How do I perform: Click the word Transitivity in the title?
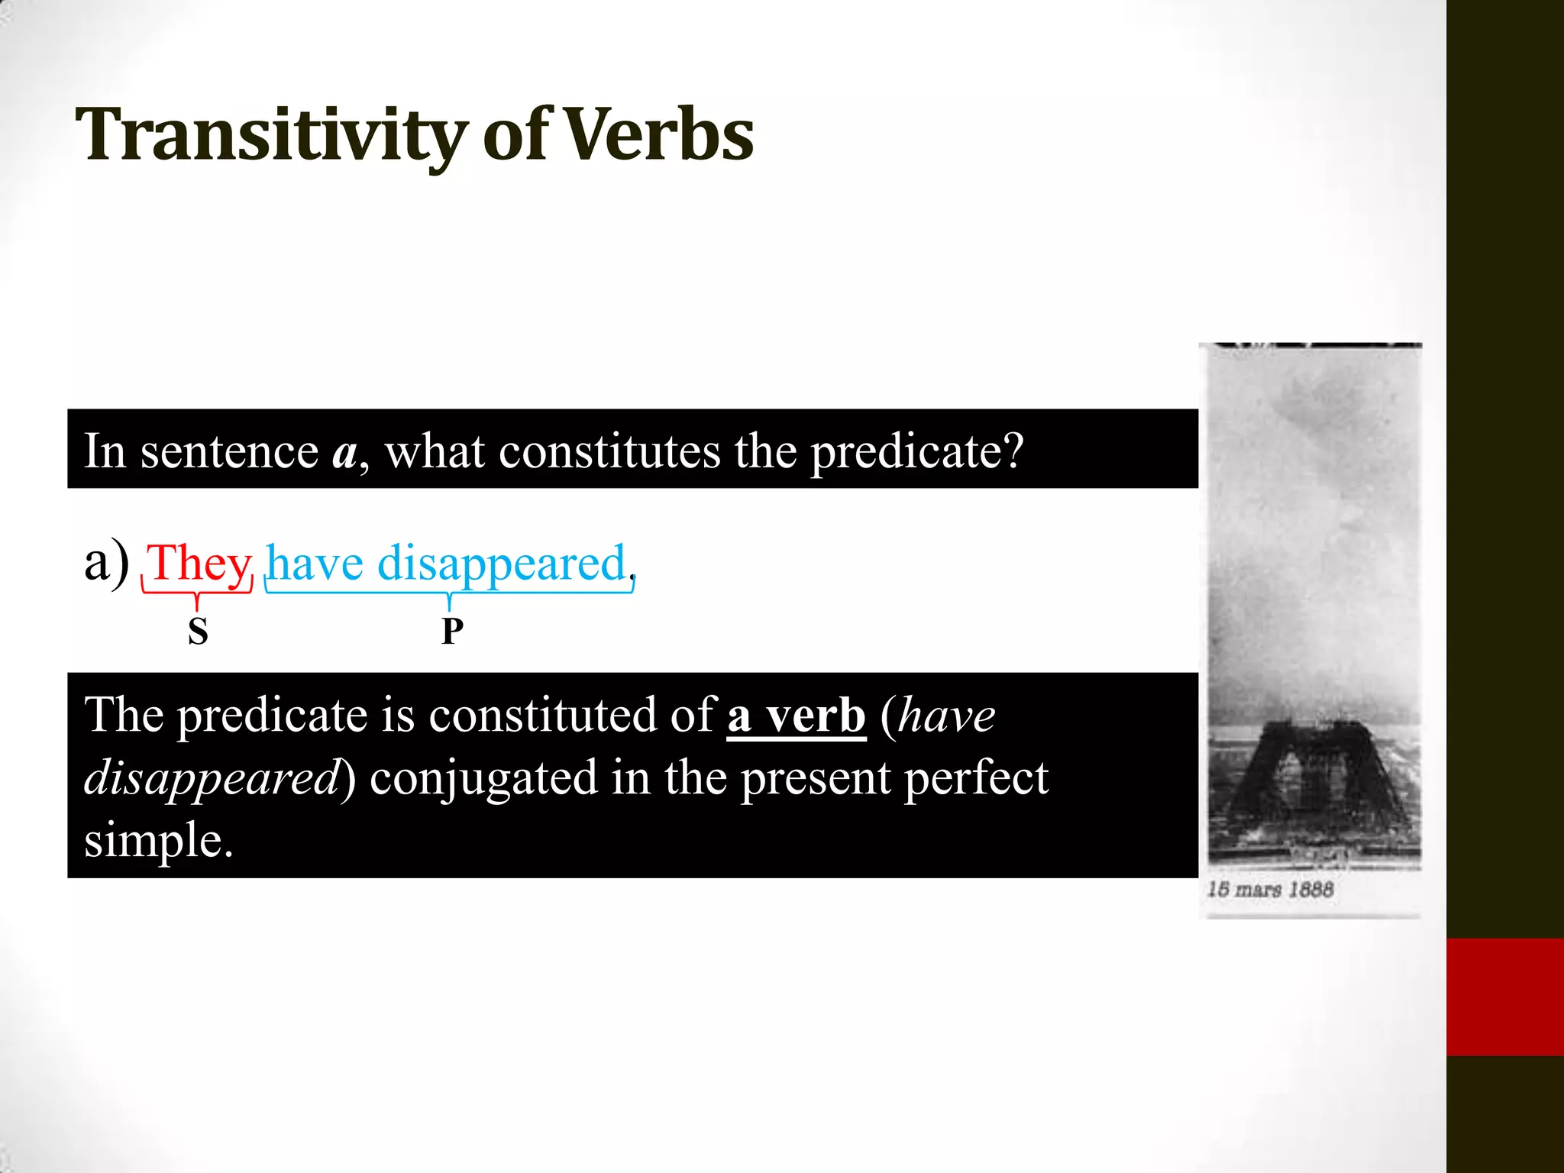(271, 136)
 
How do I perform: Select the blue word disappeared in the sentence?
(502, 564)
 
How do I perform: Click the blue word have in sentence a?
(315, 564)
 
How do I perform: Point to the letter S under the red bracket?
(198, 632)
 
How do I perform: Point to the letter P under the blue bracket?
(452, 632)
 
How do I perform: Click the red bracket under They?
(197, 593)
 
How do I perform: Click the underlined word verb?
(816, 716)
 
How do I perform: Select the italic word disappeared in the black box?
(212, 778)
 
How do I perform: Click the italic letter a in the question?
(344, 452)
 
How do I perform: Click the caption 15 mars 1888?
(1270, 890)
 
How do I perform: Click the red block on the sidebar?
(1504, 997)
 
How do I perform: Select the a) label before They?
(106, 563)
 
